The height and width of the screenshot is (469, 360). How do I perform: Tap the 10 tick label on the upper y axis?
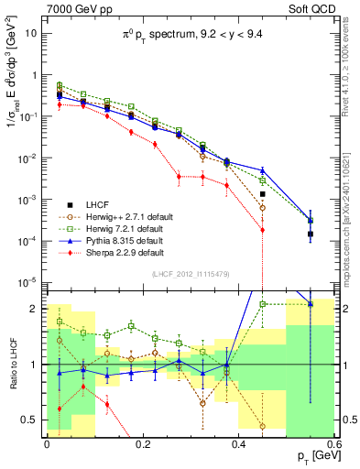30,34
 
